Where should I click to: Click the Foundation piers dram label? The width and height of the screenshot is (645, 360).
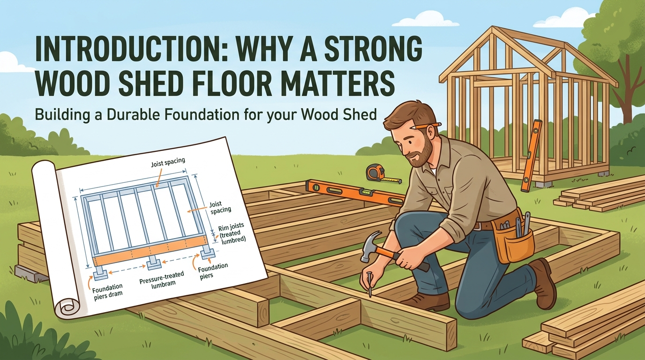(107, 290)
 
